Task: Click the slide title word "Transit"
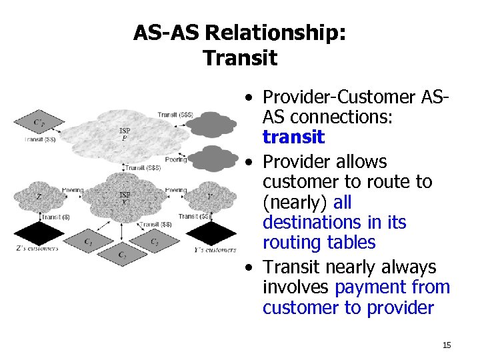pyautogui.click(x=240, y=58)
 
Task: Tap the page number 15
pyautogui.click(x=447, y=345)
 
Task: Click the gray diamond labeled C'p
pyautogui.click(x=39, y=123)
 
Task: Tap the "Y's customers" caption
pyautogui.click(x=214, y=250)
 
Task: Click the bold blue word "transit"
pyautogui.click(x=293, y=138)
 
